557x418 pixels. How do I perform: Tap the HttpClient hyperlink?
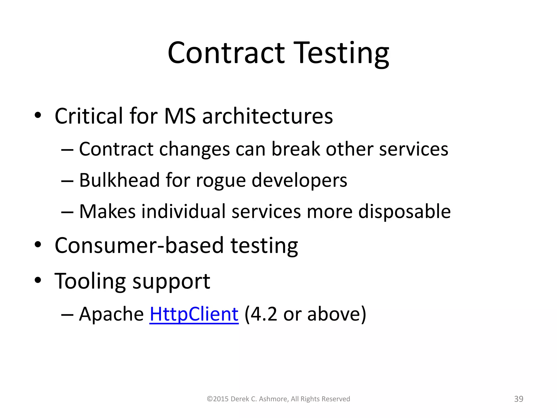(194, 314)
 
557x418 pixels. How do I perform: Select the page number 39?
(519, 399)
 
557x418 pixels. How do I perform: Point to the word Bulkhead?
(119, 180)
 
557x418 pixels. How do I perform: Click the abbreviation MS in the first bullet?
(180, 116)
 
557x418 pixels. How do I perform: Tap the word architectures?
(268, 116)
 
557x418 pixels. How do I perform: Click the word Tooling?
(90, 281)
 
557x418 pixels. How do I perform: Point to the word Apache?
(111, 314)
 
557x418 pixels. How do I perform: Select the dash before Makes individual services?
(67, 212)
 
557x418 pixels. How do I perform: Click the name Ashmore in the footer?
(274, 399)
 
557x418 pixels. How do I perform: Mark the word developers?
(299, 181)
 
